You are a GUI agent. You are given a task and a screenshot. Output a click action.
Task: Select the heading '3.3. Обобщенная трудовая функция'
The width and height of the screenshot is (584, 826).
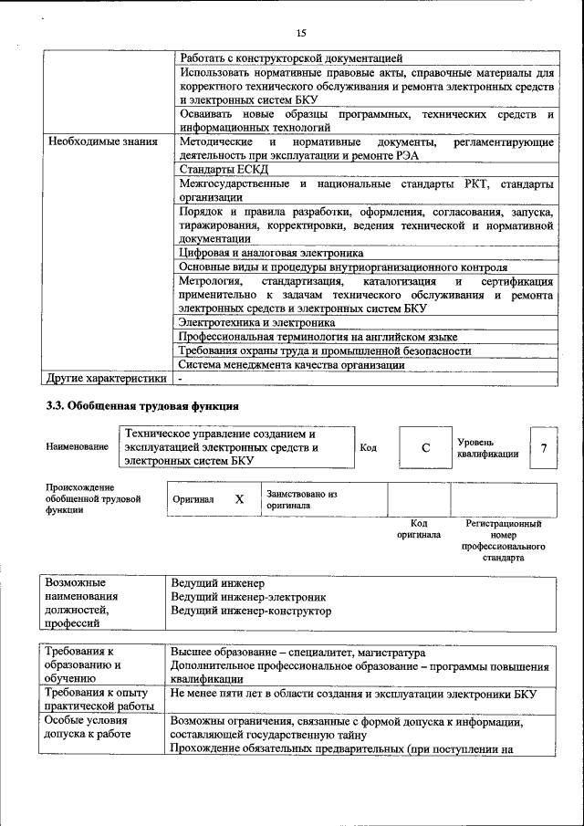[x=142, y=406]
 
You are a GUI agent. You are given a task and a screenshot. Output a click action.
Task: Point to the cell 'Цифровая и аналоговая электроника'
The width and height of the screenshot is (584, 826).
[x=271, y=252]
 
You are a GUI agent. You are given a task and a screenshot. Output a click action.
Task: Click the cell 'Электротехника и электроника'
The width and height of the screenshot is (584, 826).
[x=256, y=322]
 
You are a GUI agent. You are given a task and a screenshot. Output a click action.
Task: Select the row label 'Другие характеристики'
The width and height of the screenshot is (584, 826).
[x=107, y=378]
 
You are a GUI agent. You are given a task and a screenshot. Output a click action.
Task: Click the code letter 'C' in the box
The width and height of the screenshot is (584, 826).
[x=425, y=448]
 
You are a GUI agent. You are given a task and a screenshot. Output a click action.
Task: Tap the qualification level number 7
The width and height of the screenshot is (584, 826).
[x=544, y=448]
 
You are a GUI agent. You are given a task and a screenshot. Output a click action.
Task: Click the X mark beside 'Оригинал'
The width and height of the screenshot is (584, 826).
[x=239, y=499]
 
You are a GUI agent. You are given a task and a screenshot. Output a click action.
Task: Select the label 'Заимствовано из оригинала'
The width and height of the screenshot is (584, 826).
[x=301, y=499]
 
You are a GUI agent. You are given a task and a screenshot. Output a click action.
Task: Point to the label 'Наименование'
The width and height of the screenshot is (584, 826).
[x=76, y=447]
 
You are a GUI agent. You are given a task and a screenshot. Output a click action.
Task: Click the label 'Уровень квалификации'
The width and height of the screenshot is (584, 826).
[x=488, y=447]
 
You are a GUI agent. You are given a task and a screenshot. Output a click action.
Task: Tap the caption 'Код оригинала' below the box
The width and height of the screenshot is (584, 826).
[x=419, y=529]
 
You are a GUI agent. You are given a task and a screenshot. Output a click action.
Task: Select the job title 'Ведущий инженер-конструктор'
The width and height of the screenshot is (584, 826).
[x=251, y=611]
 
